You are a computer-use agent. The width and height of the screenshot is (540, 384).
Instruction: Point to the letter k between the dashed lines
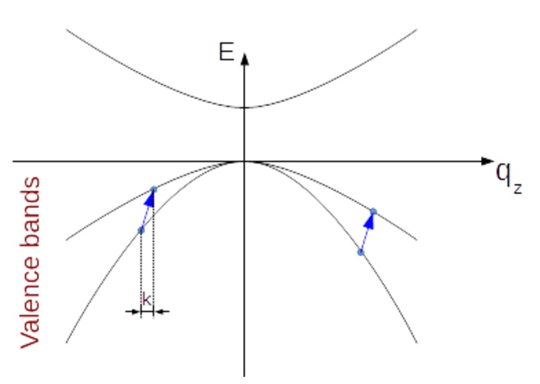click(147, 300)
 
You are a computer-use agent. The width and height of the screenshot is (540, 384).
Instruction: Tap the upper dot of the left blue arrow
click(153, 189)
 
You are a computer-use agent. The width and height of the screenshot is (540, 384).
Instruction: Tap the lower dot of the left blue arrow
click(141, 231)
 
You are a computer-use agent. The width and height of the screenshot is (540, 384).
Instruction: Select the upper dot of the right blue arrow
click(373, 211)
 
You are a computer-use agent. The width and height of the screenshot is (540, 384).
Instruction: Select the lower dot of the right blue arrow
click(361, 252)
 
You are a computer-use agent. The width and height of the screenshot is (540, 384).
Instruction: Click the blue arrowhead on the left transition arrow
click(150, 199)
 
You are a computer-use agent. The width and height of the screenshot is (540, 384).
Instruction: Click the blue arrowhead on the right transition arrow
click(370, 221)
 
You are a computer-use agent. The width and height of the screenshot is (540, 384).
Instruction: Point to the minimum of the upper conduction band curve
click(244, 108)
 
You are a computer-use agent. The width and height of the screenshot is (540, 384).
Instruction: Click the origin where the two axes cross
click(244, 160)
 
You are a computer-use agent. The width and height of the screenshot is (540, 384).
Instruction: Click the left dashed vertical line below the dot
click(141, 273)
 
